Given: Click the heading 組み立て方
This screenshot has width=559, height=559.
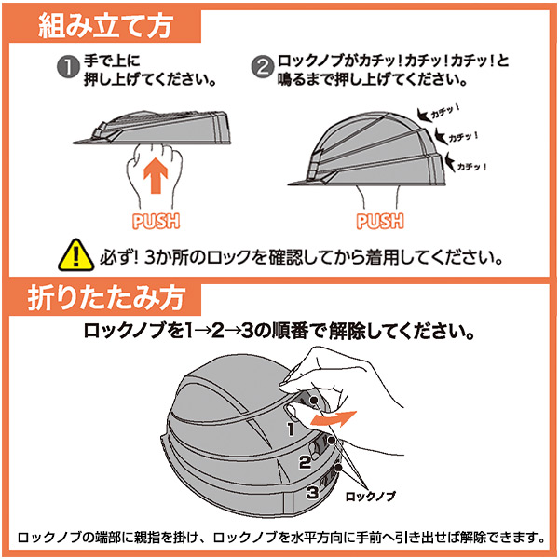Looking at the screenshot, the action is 105,26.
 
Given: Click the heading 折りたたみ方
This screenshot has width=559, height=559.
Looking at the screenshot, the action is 106,298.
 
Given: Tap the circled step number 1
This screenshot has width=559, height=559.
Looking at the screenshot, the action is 68,67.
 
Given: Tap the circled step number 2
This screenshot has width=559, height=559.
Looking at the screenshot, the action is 263,67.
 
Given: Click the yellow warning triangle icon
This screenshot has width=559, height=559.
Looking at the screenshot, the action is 76,255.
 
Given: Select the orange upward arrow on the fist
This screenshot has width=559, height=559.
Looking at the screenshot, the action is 156,176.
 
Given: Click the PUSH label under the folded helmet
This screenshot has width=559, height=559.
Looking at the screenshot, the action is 156,221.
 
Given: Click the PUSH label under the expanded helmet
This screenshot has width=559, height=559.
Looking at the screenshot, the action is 380,221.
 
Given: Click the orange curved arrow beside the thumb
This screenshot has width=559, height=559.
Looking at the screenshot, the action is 334,418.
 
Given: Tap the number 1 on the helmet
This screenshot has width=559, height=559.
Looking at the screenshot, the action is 292,429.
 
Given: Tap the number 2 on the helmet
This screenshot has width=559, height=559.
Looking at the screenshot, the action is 305,462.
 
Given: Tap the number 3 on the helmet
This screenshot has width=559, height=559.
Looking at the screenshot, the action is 312,493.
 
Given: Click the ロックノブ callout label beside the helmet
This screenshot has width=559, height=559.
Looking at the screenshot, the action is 371,496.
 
